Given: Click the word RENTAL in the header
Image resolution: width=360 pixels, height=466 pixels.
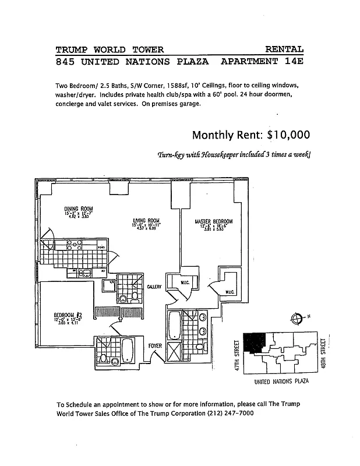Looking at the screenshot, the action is [284, 50].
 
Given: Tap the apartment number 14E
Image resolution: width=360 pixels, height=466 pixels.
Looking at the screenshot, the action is [291, 61].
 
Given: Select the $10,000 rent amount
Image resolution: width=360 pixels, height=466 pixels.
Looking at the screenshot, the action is [288, 135].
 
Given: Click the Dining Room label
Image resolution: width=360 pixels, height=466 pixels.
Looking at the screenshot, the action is [78, 209].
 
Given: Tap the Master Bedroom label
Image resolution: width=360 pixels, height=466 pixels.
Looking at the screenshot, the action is [213, 221].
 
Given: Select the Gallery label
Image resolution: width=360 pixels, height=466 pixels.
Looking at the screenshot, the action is [154, 287].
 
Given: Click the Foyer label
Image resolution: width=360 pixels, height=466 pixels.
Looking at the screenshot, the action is [155, 346].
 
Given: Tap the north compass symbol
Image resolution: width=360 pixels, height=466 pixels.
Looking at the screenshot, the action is [297, 318].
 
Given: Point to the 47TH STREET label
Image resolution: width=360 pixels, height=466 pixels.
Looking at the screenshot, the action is [237, 356].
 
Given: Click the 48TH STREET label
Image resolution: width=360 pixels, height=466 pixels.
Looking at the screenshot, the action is [322, 354].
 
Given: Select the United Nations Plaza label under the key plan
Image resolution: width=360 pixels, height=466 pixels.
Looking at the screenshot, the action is [281, 382].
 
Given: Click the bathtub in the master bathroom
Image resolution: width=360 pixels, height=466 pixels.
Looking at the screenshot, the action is [174, 325].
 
